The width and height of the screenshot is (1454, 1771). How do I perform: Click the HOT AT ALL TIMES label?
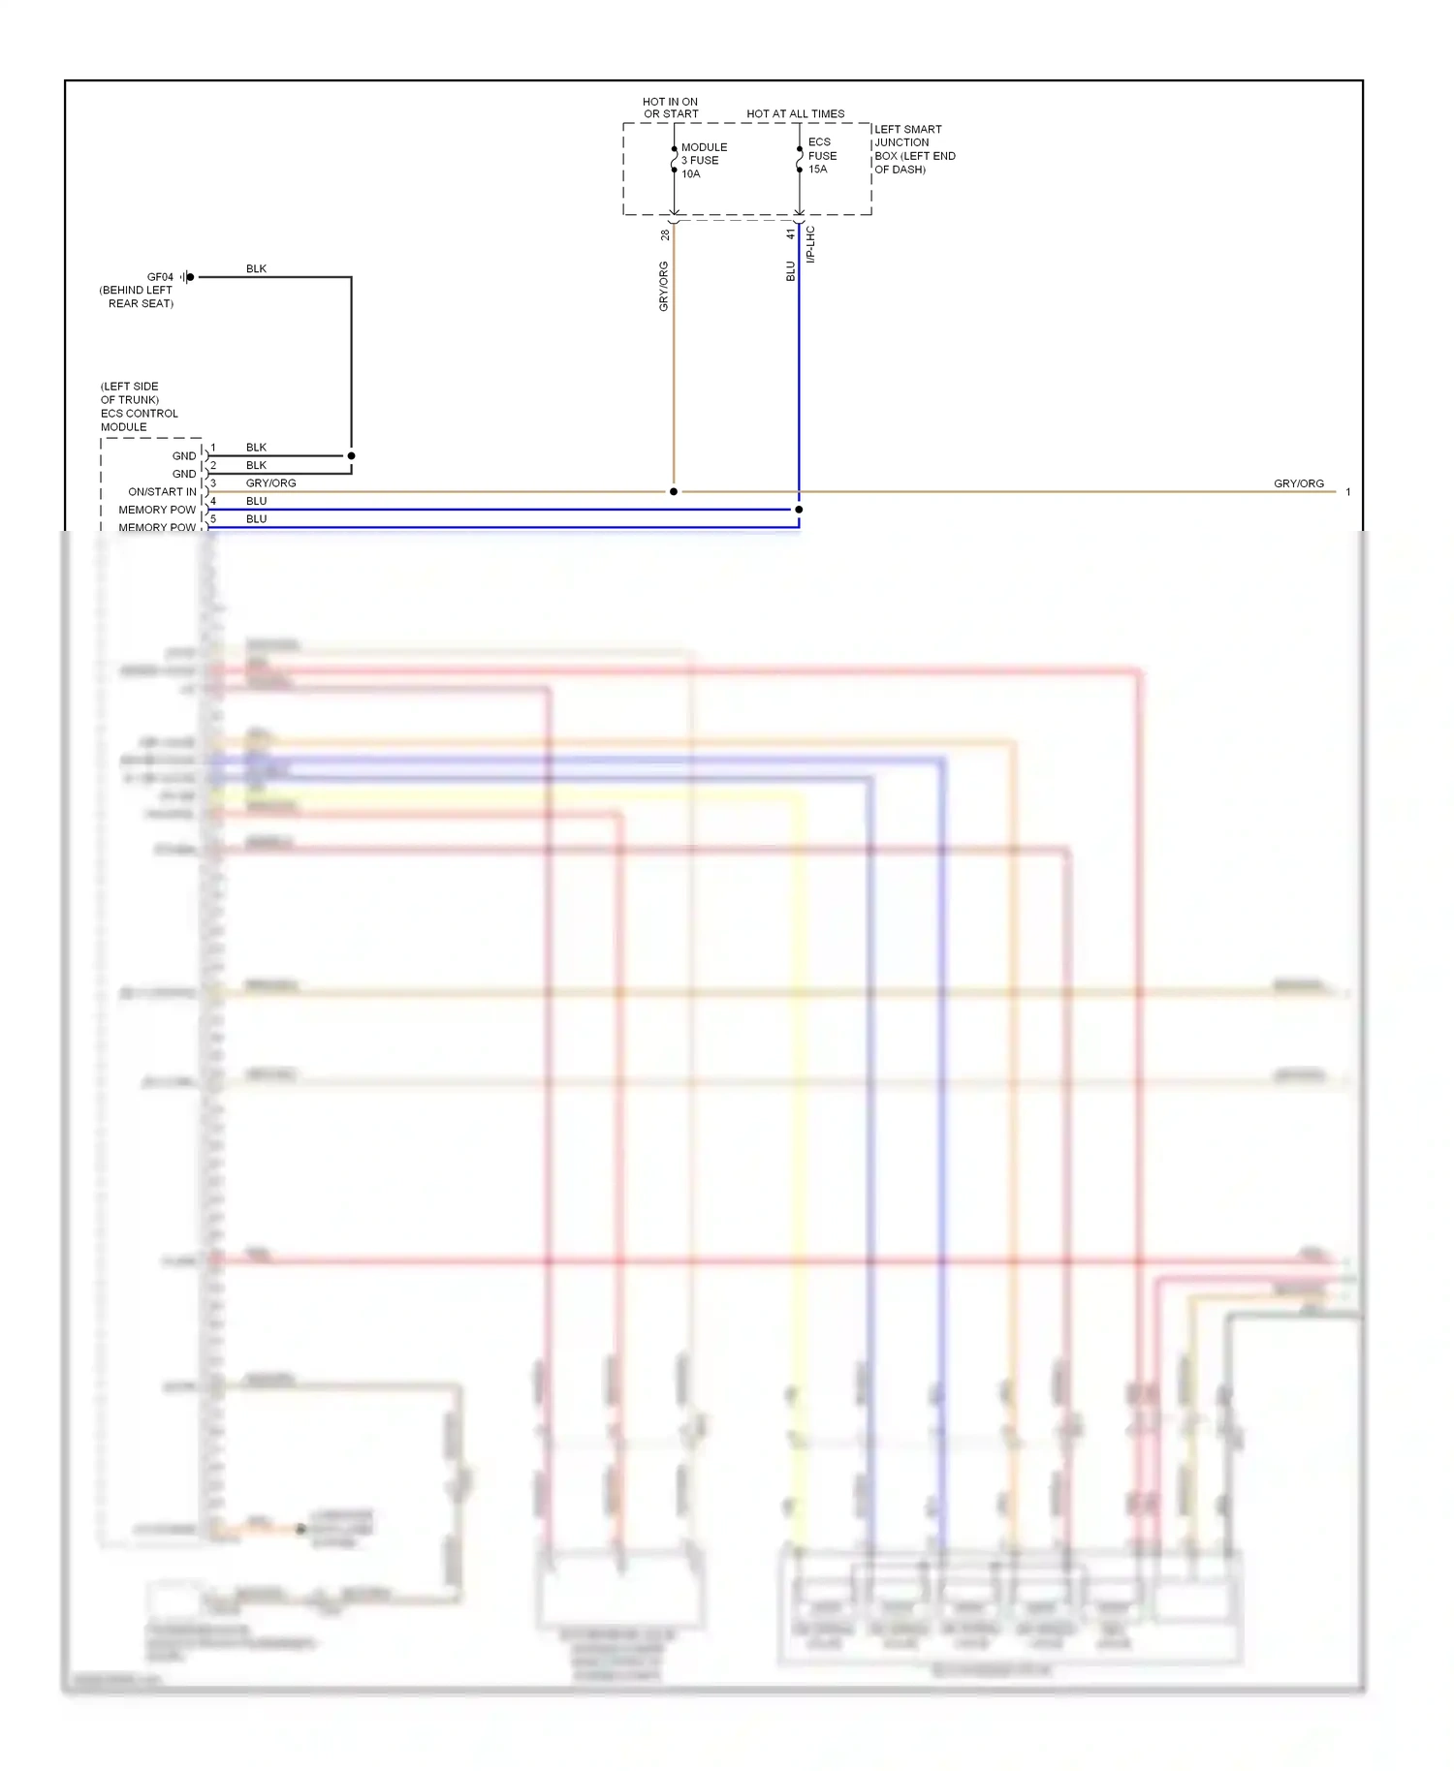(795, 114)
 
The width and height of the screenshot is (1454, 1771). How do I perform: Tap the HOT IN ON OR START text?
(670, 108)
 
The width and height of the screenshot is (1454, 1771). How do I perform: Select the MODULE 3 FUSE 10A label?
(704, 161)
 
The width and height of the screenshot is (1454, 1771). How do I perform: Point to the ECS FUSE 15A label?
(822, 155)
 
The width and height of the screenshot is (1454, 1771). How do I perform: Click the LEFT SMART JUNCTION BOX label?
(914, 149)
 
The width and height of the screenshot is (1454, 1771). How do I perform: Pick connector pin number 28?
(665, 235)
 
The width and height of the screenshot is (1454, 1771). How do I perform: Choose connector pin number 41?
(790, 234)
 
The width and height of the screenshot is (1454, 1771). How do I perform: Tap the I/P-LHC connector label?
(810, 245)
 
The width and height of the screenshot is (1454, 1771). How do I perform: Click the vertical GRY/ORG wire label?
(664, 286)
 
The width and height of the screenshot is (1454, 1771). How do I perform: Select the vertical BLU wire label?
(790, 271)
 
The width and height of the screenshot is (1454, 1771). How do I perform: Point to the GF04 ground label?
(160, 277)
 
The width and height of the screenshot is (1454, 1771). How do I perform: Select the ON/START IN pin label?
(162, 492)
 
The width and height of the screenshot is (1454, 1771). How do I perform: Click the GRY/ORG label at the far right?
(1298, 483)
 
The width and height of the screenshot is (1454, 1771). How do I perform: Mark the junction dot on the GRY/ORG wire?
(674, 492)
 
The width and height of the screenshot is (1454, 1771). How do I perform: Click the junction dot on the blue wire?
(799, 510)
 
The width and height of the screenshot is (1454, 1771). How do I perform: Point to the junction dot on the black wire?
(351, 455)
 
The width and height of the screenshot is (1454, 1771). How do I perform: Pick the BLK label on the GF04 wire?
(256, 269)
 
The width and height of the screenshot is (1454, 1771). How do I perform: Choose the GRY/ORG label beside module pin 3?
(270, 483)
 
